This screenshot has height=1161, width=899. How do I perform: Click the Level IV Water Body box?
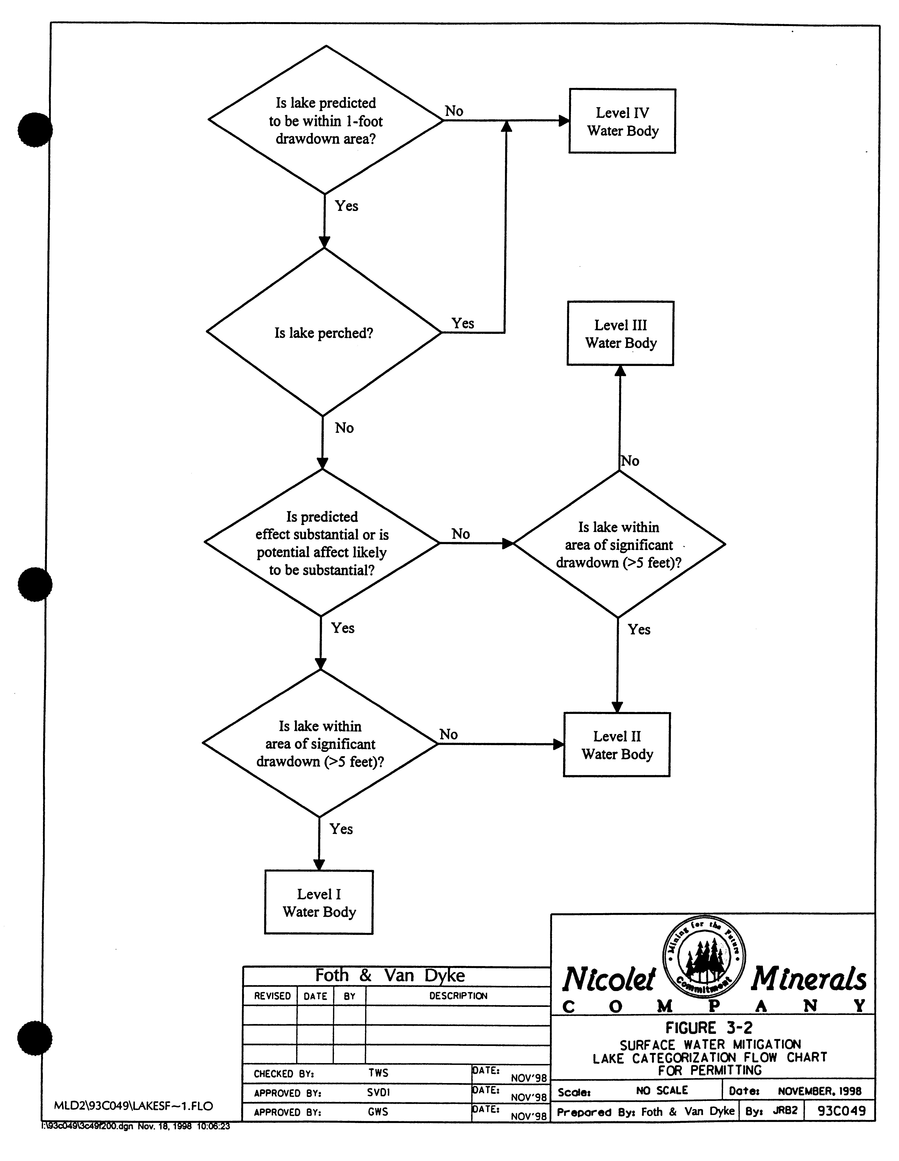pyautogui.click(x=622, y=121)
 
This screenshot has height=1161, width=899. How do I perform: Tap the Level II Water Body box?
pyautogui.click(x=617, y=745)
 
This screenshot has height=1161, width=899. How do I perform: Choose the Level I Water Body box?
pyautogui.click(x=319, y=903)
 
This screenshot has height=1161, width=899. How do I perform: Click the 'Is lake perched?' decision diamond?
pyautogui.click(x=324, y=333)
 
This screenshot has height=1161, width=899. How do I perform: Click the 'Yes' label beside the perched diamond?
pyautogui.click(x=463, y=323)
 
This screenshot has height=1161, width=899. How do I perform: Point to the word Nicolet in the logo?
pyautogui.click(x=609, y=980)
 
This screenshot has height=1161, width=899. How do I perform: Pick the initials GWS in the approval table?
pyautogui.click(x=378, y=1112)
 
